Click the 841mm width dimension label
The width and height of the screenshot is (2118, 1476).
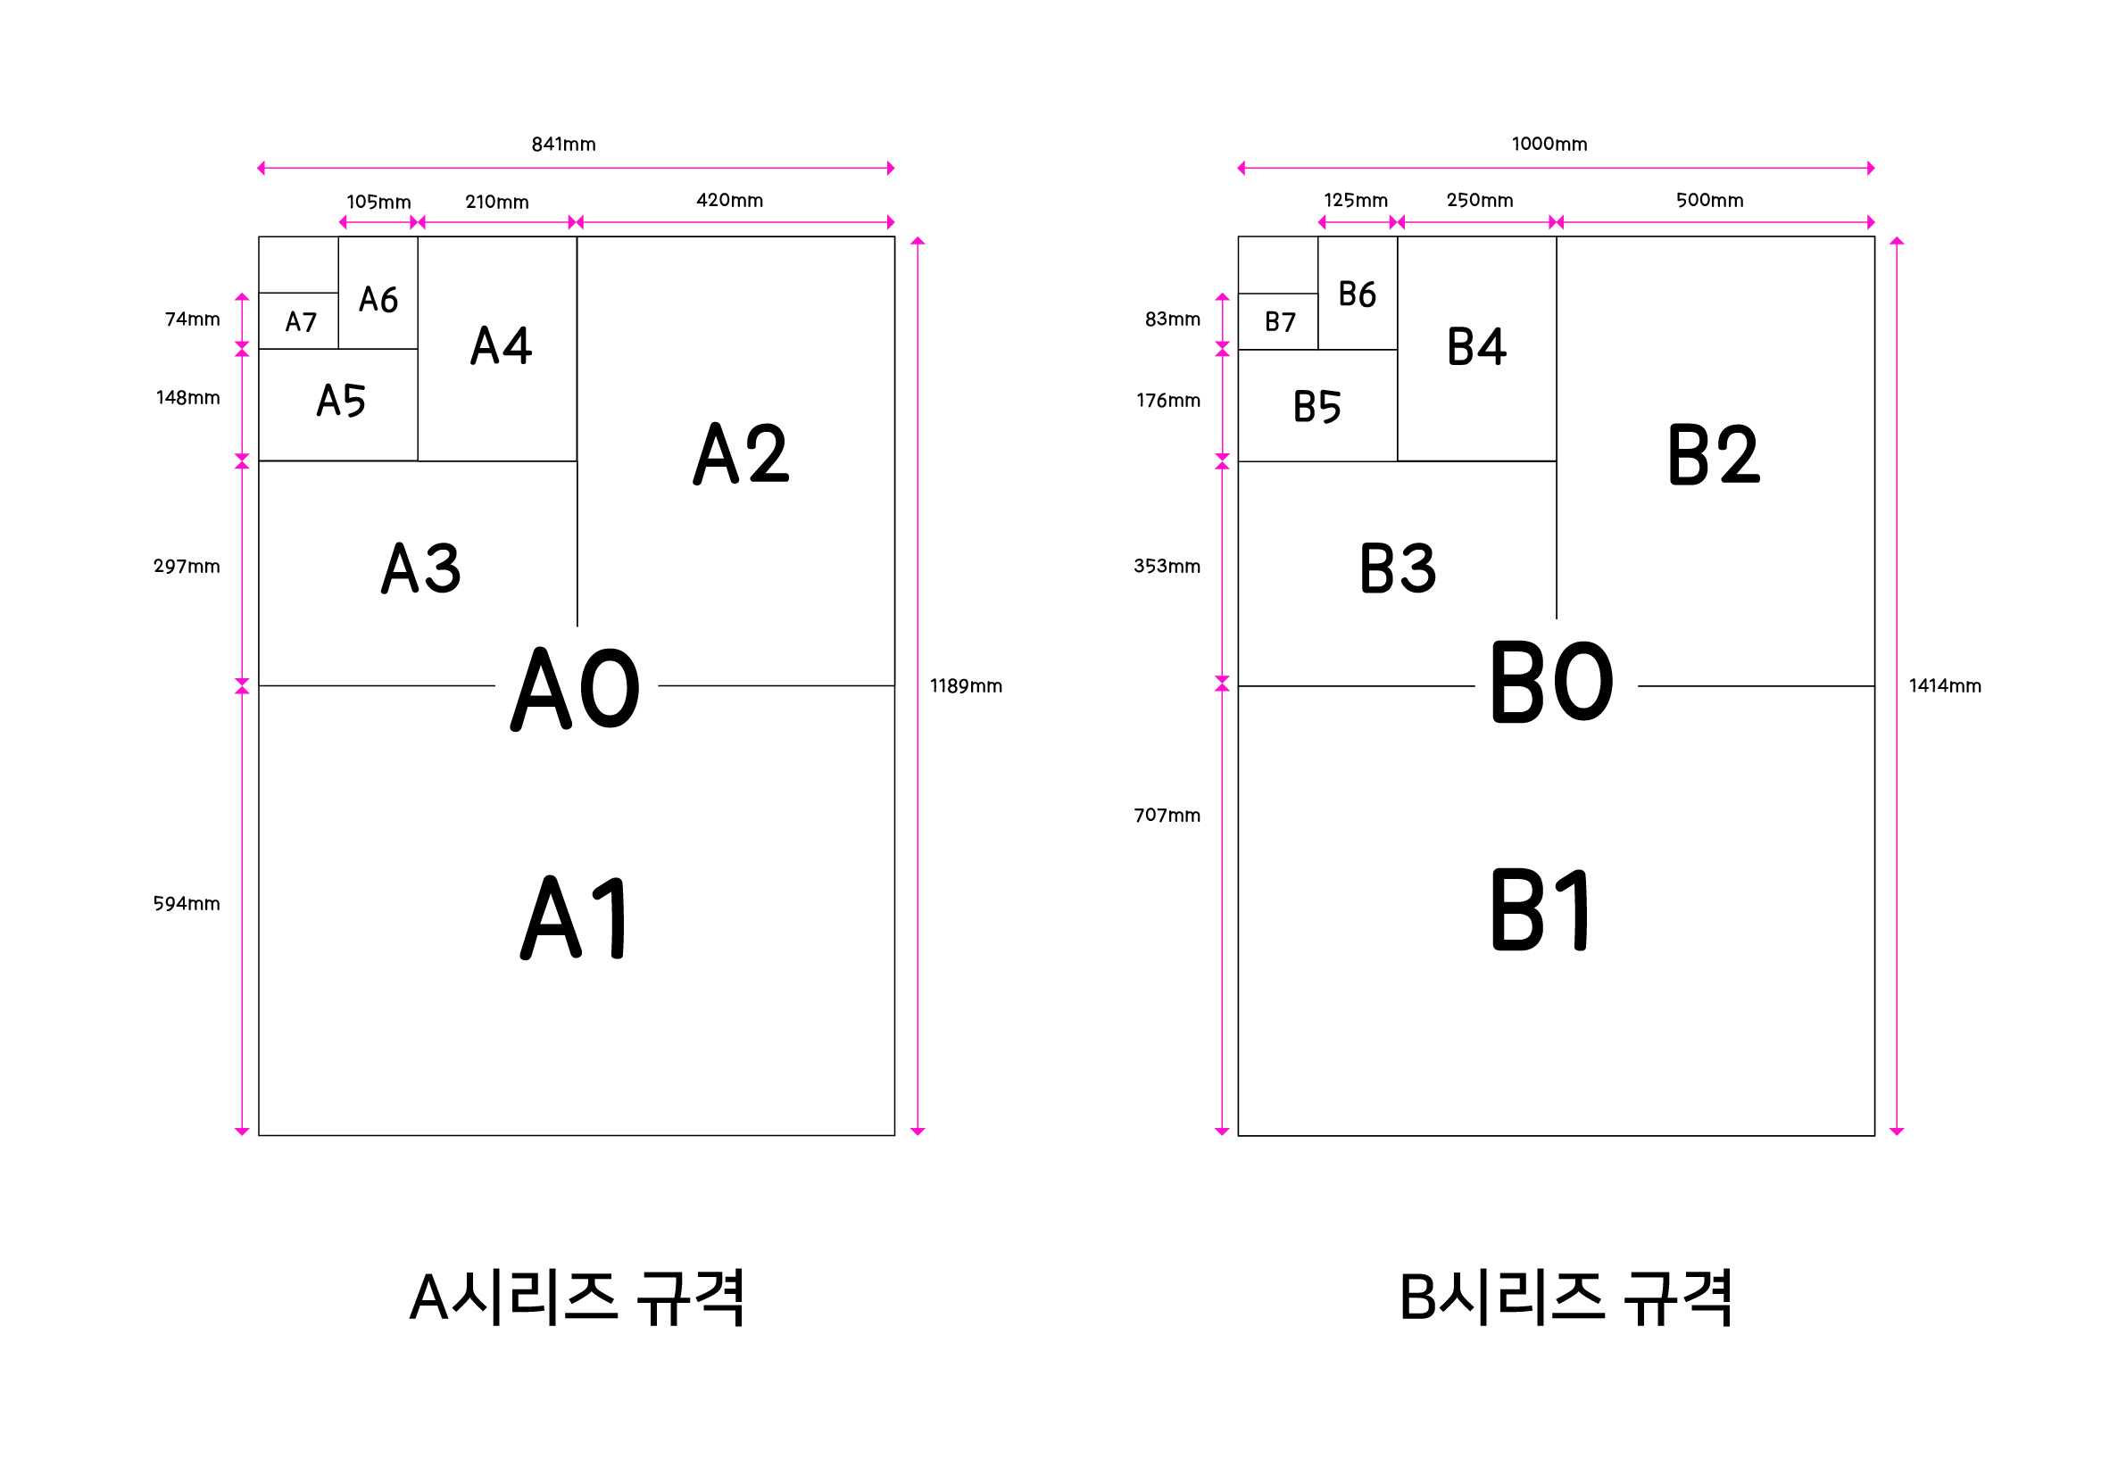coord(563,145)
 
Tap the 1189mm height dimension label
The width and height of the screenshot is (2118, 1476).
coord(966,686)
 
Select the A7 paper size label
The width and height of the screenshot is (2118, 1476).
coord(301,322)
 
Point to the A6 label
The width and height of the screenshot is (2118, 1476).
coord(378,300)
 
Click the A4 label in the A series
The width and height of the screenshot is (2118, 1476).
coord(501,346)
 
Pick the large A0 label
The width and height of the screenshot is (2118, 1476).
coord(576,688)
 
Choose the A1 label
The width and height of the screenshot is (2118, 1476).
coord(574,918)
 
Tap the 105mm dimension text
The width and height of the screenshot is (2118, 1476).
coord(378,202)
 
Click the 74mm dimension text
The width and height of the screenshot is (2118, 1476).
coord(193,319)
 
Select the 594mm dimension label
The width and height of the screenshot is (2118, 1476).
coord(187,904)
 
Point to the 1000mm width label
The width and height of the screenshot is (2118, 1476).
coord(1549,145)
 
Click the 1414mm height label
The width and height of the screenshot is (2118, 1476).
coord(1945,686)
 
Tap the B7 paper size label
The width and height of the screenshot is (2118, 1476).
coord(1281,322)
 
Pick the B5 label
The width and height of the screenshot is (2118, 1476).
coord(1317,407)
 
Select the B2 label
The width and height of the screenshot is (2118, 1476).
coord(1714,455)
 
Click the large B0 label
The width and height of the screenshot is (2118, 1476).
coord(1552,684)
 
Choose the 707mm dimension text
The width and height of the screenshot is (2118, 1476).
coord(1167,816)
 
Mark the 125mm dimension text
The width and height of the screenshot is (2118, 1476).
coord(1356,201)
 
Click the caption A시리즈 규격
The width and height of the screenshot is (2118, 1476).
coord(577,1298)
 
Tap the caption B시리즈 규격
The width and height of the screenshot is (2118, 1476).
coord(1566,1298)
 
